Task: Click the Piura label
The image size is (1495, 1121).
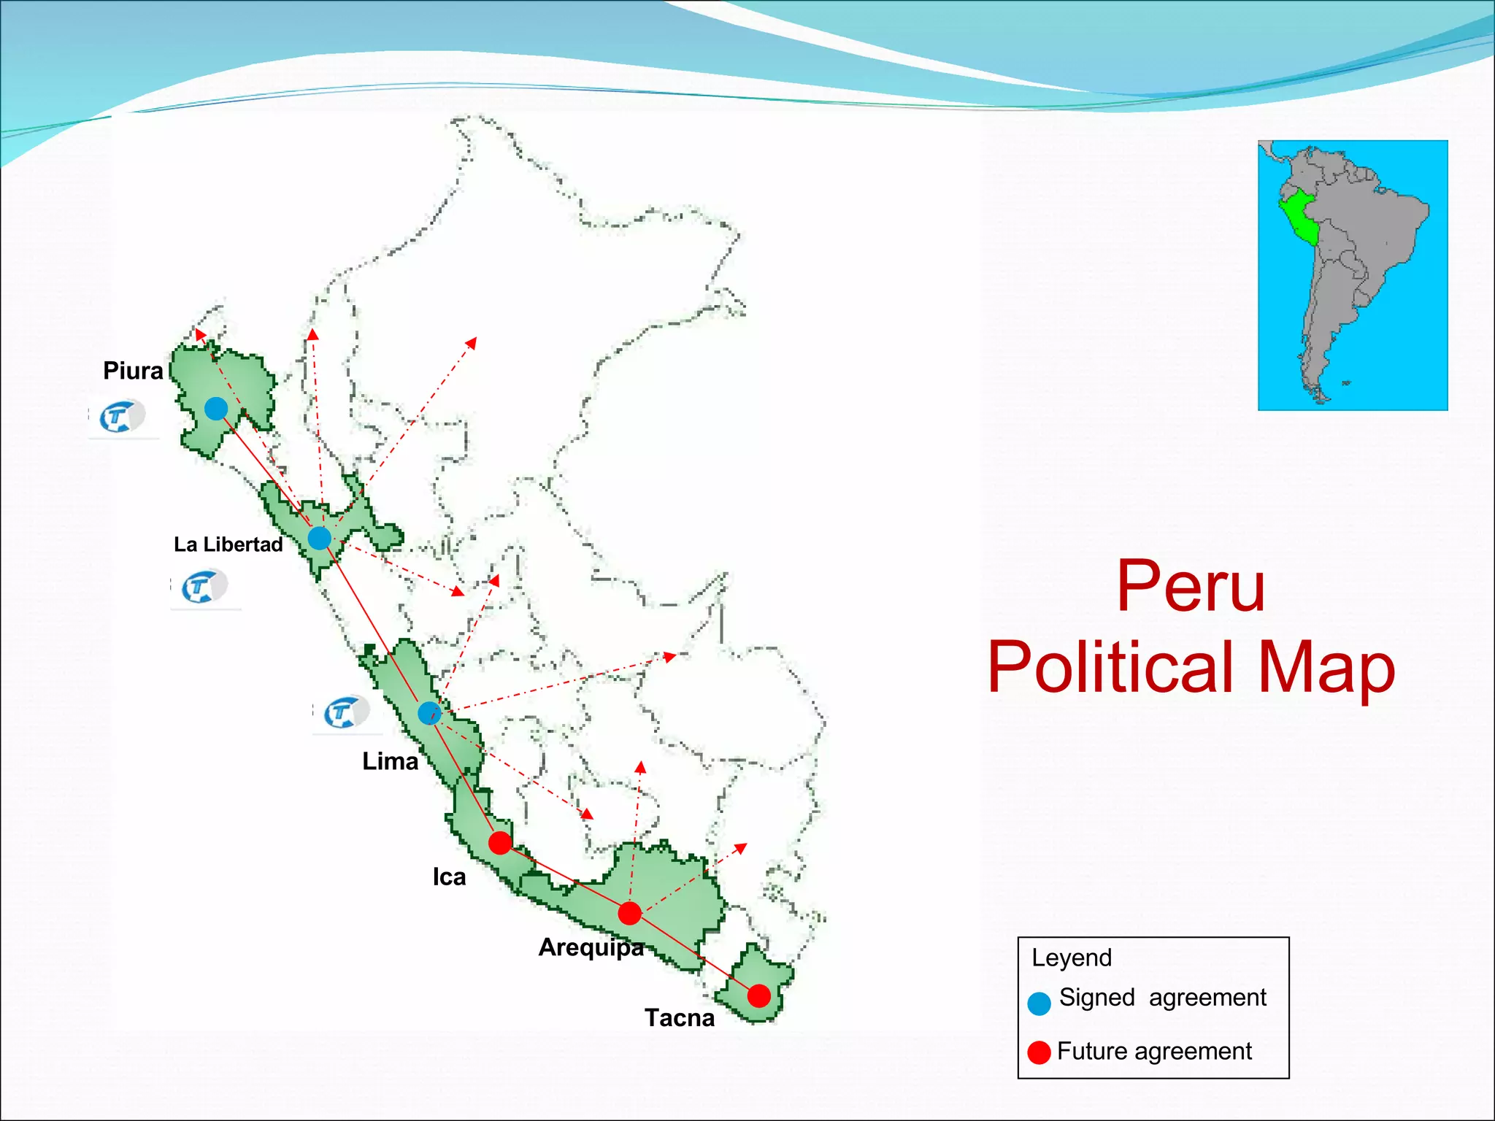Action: point(133,371)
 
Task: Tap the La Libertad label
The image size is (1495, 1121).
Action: point(228,544)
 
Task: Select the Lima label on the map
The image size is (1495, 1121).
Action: point(390,761)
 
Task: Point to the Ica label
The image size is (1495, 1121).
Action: point(449,877)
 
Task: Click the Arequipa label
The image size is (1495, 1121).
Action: point(591,947)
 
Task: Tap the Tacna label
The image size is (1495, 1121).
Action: point(679,1017)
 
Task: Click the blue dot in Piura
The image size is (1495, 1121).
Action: point(215,409)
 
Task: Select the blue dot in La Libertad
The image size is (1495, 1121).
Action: point(319,539)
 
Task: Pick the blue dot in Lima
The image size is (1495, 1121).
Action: point(429,713)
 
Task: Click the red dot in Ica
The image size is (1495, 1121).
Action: point(500,843)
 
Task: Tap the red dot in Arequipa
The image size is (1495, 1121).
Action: point(629,913)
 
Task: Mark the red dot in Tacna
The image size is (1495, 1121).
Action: point(759,995)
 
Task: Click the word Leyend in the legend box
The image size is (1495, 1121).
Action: point(1071,958)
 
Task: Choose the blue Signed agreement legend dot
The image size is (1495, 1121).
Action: point(1039,1003)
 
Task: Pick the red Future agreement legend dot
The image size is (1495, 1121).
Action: point(1039,1052)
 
